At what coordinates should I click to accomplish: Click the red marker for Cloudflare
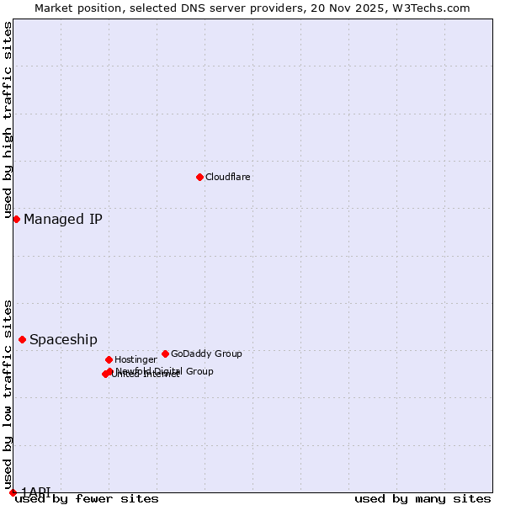point(199,177)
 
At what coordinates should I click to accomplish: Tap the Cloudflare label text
point(228,177)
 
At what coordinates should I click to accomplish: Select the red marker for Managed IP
point(16,219)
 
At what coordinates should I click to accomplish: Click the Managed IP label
point(63,220)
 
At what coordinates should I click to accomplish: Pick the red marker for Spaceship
point(22,339)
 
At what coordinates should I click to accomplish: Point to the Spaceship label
point(63,340)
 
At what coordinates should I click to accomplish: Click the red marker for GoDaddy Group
point(165,353)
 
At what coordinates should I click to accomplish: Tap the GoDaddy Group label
point(206,353)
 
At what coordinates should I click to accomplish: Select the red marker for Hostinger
point(109,359)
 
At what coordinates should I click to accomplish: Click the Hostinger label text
point(136,359)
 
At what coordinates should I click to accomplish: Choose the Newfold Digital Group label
point(165,371)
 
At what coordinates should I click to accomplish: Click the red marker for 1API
point(13,492)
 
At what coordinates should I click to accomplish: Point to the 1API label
point(36,492)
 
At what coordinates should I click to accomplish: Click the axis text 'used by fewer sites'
point(87,499)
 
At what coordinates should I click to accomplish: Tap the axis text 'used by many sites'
point(423,499)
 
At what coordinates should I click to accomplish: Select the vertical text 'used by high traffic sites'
point(8,120)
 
